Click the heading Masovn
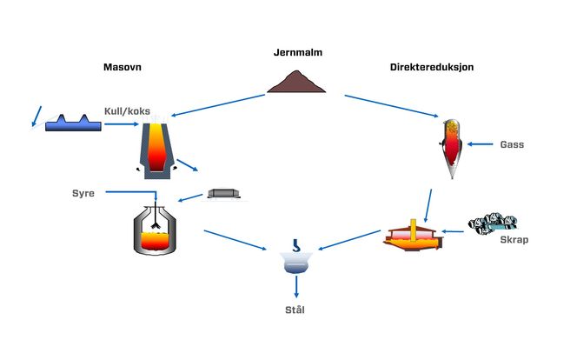point(123,66)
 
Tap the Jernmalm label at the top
point(297,53)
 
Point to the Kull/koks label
point(129,111)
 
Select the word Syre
point(83,192)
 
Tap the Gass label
point(513,143)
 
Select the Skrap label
point(514,240)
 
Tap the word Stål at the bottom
point(297,310)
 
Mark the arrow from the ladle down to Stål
point(296,286)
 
